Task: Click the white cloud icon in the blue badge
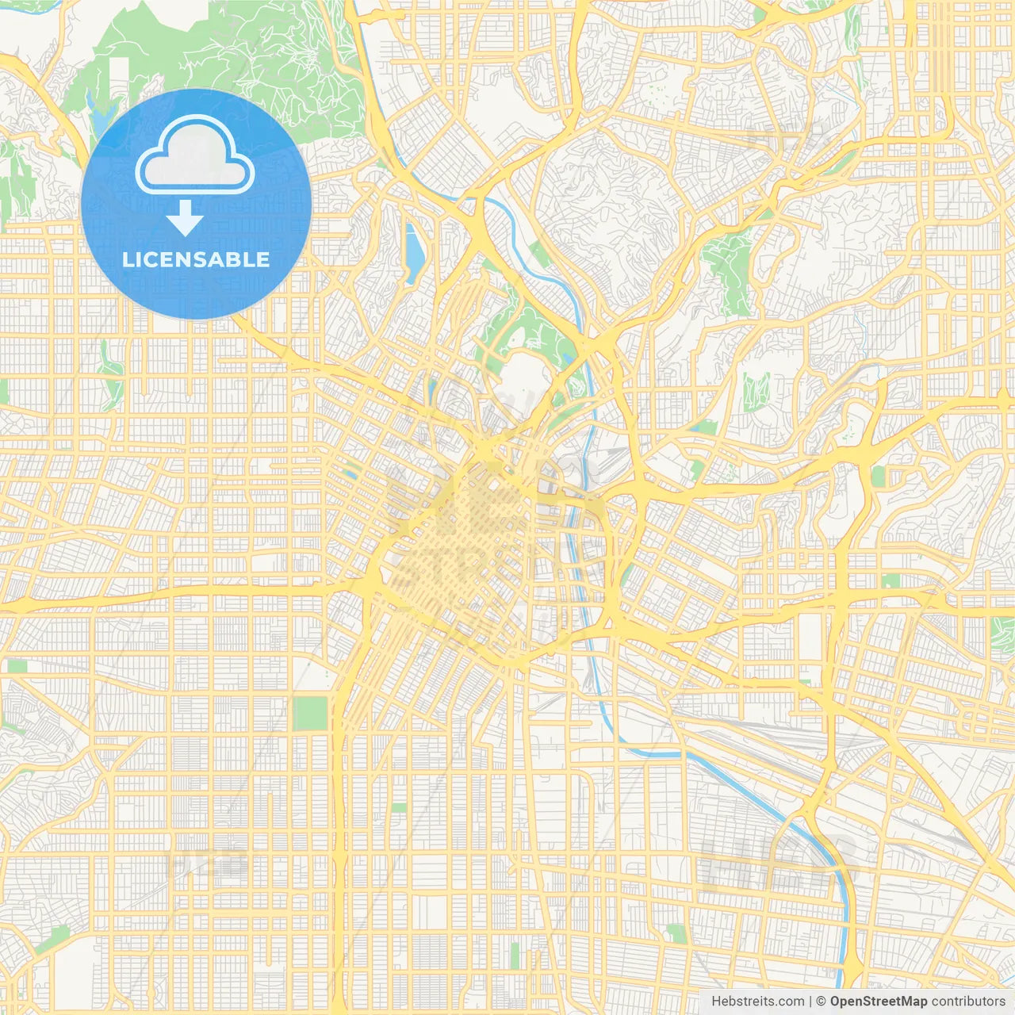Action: pyautogui.click(x=195, y=156)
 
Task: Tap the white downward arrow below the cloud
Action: pyautogui.click(x=185, y=218)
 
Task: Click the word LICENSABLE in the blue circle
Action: pyautogui.click(x=196, y=260)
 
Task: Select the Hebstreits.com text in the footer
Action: pyautogui.click(x=757, y=1002)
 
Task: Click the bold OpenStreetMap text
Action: pyautogui.click(x=878, y=1002)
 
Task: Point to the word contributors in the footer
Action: pyautogui.click(x=968, y=1002)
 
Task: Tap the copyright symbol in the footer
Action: pyautogui.click(x=822, y=1002)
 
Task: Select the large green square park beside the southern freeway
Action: pyautogui.click(x=310, y=713)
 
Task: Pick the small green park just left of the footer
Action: pyautogui.click(x=676, y=933)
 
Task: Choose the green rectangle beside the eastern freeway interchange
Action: pyautogui.click(x=878, y=476)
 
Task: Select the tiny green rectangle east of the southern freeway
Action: pyautogui.click(x=399, y=806)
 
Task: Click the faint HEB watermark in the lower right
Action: pyautogui.click(x=777, y=860)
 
